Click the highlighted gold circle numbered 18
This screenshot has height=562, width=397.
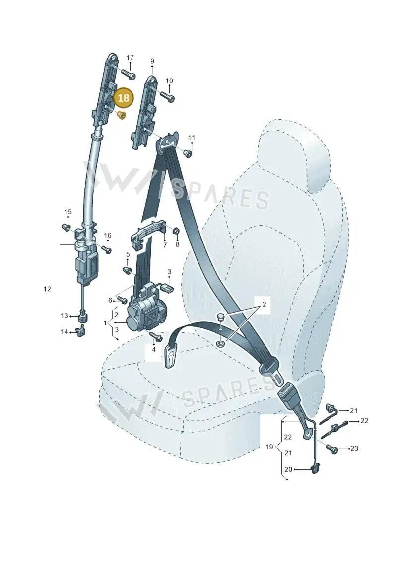pyautogui.click(x=123, y=98)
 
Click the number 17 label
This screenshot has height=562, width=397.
pyautogui.click(x=130, y=57)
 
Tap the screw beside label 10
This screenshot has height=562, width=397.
pyautogui.click(x=167, y=96)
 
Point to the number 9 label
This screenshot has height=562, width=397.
pyautogui.click(x=152, y=61)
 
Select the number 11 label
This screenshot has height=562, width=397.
pyautogui.click(x=192, y=138)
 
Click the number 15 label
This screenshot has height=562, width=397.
pyautogui.click(x=68, y=212)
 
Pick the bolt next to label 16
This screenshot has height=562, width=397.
pyautogui.click(x=106, y=249)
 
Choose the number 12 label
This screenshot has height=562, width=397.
pyautogui.click(x=47, y=289)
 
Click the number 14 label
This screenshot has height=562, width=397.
pyautogui.click(x=64, y=332)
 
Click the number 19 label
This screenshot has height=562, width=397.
pyautogui.click(x=269, y=447)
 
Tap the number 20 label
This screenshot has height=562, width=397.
pyautogui.click(x=288, y=469)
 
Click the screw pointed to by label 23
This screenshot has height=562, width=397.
pyautogui.click(x=332, y=448)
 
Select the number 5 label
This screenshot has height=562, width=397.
pyautogui.click(x=128, y=255)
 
